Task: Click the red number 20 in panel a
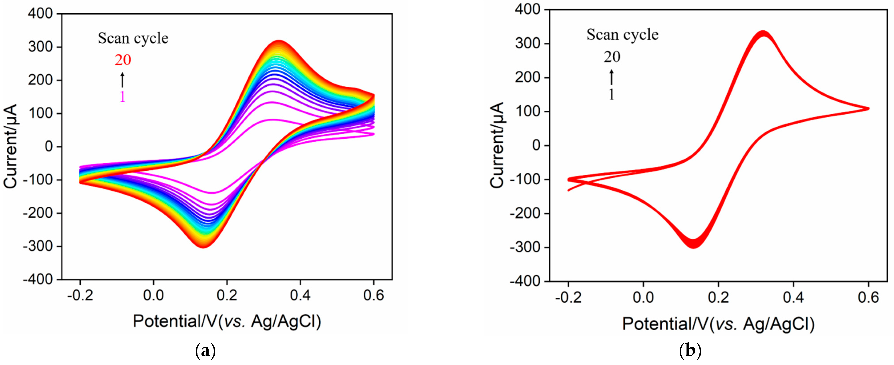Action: [x=123, y=60]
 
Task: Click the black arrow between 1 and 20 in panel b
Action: [x=612, y=77]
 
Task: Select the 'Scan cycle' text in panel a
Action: [x=133, y=38]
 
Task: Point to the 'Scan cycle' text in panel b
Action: [x=622, y=35]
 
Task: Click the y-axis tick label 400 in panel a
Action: [x=40, y=14]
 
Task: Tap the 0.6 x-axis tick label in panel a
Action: [x=373, y=295]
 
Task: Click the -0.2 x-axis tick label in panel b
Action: [x=568, y=297]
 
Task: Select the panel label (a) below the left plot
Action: [x=205, y=351]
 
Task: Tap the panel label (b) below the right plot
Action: [x=690, y=351]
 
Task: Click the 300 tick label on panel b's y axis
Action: [x=528, y=44]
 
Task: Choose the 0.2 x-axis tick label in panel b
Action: [x=718, y=297]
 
